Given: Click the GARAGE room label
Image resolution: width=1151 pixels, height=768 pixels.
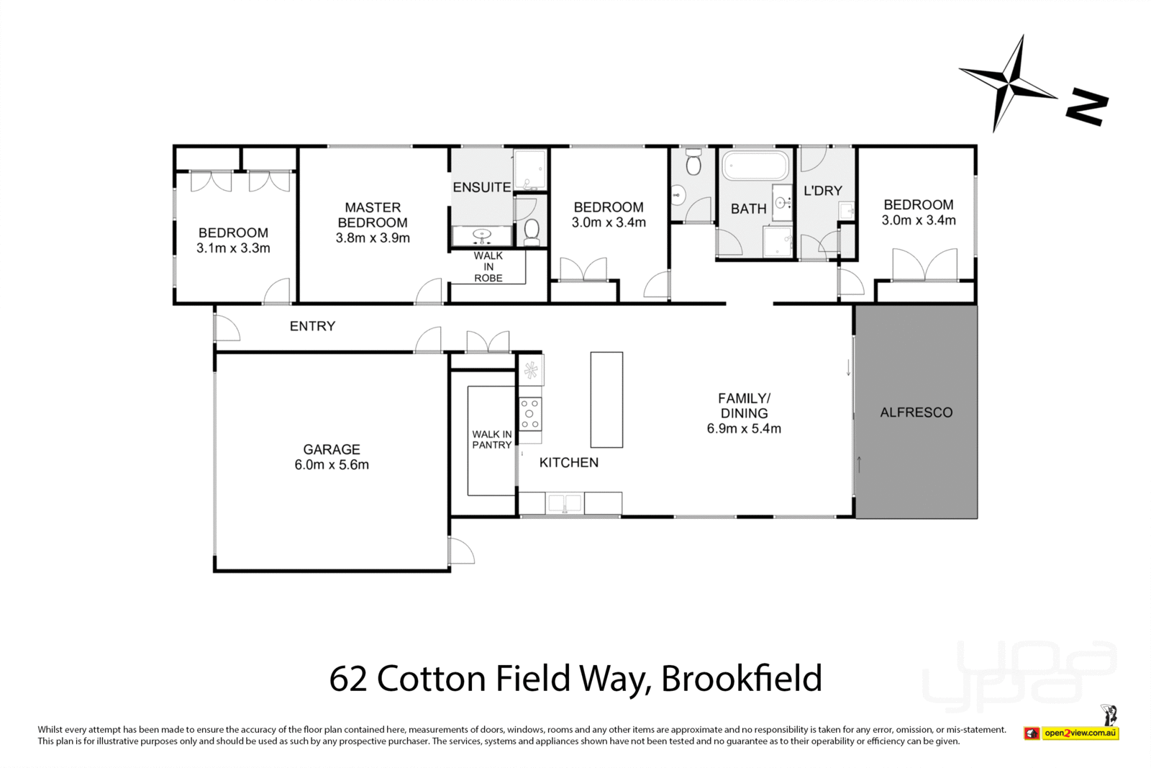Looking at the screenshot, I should (x=331, y=449).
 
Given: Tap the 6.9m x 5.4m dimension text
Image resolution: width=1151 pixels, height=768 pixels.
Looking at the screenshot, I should (x=744, y=429).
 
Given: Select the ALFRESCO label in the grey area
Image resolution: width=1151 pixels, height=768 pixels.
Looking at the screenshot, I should (x=916, y=412).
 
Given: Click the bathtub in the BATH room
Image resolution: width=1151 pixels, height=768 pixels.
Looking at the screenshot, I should (x=755, y=166).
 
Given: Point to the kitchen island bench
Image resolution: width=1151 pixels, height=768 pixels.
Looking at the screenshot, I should (x=606, y=399).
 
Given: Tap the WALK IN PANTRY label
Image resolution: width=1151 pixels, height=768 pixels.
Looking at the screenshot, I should (x=492, y=439).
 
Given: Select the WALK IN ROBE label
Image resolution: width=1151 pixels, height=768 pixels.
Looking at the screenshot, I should (x=488, y=267).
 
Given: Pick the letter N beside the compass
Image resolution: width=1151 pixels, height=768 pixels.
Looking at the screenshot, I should (x=1086, y=107).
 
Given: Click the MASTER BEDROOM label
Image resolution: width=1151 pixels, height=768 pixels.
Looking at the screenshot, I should (x=373, y=215).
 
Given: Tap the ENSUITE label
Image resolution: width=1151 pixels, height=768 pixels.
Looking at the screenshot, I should (x=481, y=187).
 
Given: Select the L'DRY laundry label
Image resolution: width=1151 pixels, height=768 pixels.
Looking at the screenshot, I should (x=822, y=191).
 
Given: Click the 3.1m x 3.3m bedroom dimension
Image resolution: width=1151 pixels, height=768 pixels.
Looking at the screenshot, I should (x=233, y=248).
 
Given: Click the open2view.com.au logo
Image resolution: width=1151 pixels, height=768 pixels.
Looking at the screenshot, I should (x=1079, y=733).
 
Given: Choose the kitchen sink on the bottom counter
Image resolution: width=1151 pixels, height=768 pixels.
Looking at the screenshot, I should (x=565, y=502).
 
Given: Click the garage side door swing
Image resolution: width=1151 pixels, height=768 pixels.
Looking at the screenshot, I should (x=461, y=551).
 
